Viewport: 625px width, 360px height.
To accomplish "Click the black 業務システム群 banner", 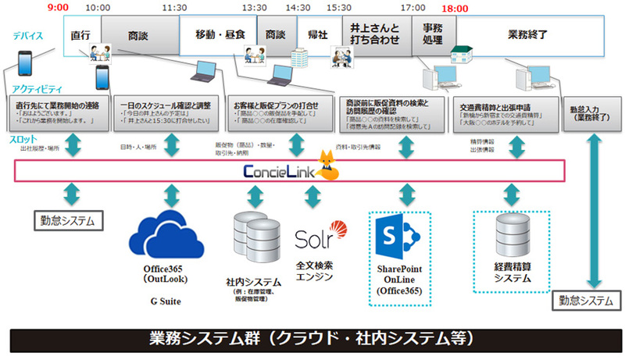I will click(312, 340).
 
